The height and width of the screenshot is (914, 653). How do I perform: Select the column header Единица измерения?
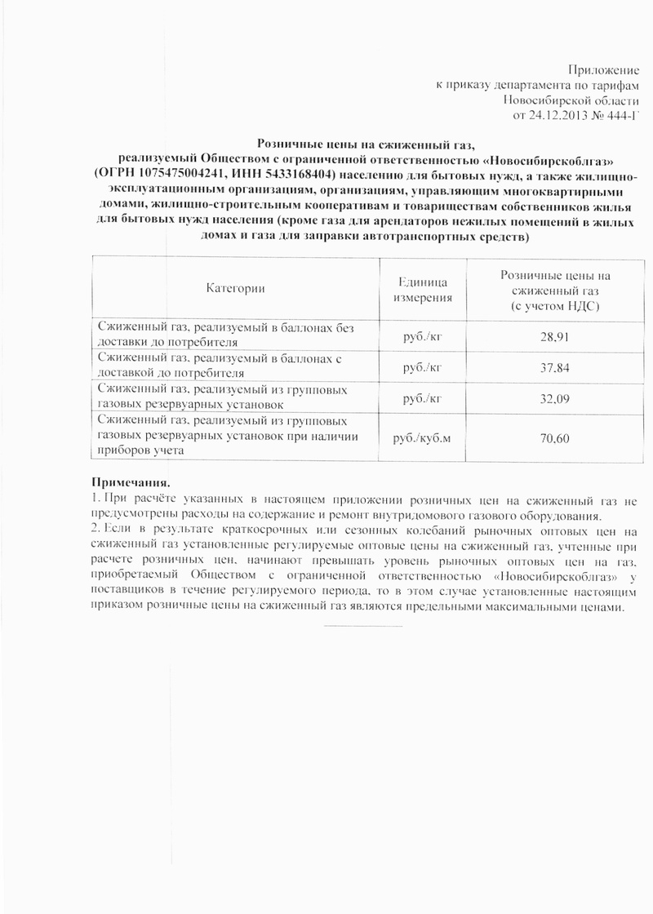424,289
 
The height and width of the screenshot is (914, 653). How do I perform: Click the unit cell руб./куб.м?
421,439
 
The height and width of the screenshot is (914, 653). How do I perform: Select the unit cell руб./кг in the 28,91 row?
423,335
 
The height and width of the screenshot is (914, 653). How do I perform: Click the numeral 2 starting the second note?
93,530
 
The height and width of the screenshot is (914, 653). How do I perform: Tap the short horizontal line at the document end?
363,627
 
